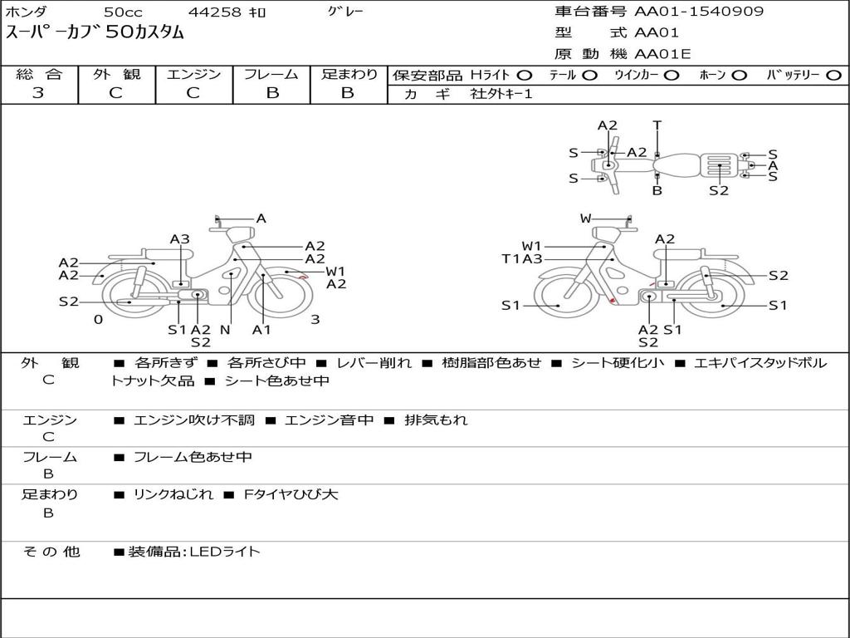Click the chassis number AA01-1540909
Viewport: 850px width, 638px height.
pyautogui.click(x=699, y=12)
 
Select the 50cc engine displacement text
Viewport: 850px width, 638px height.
pyautogui.click(x=123, y=12)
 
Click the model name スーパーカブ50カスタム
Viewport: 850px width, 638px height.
pyautogui.click(x=95, y=33)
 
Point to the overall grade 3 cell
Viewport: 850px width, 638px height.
pyautogui.click(x=38, y=93)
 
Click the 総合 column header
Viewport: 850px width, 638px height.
pyautogui.click(x=39, y=74)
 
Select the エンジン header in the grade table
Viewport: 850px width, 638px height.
pyautogui.click(x=193, y=74)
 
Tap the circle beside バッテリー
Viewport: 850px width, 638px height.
pyautogui.click(x=833, y=75)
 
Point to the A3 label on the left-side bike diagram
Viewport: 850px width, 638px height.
pyautogui.click(x=180, y=239)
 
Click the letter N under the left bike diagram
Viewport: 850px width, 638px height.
pyautogui.click(x=225, y=330)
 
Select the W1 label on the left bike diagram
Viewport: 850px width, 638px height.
pyautogui.click(x=335, y=271)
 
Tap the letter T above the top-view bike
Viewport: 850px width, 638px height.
pyautogui.click(x=657, y=125)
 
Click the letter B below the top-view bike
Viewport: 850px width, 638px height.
pyautogui.click(x=657, y=190)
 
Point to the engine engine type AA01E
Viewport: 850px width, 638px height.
pyautogui.click(x=663, y=55)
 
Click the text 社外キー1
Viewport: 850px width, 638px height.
pyautogui.click(x=501, y=94)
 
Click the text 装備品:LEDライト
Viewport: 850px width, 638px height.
pyautogui.click(x=193, y=551)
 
